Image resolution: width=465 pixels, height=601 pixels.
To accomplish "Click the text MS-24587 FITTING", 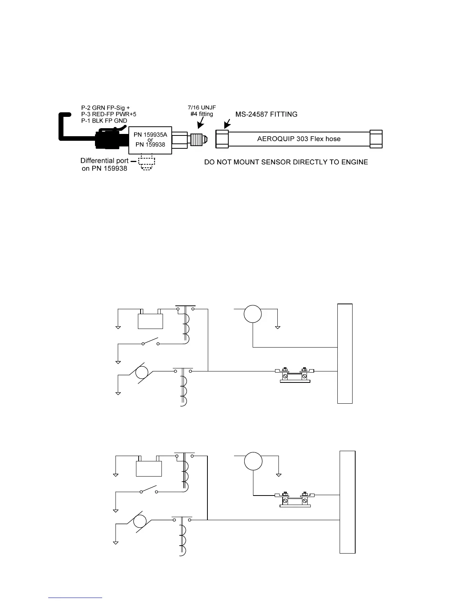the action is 266,114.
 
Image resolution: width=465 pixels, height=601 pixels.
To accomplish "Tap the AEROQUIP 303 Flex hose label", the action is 299,138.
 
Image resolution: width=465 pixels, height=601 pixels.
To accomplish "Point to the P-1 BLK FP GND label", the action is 104,121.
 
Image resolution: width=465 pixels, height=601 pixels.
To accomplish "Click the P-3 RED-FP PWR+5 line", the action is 109,114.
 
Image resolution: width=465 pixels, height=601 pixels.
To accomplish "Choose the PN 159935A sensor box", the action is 150,139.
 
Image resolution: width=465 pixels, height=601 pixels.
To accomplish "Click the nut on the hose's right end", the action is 376,138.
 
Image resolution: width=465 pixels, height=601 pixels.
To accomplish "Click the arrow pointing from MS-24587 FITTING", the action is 227,124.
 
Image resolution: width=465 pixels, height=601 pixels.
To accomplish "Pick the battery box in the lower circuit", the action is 149,468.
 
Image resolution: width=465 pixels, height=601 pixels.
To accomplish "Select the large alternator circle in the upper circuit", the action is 253,314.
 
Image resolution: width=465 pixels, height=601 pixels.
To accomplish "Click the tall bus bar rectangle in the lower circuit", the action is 348,502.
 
